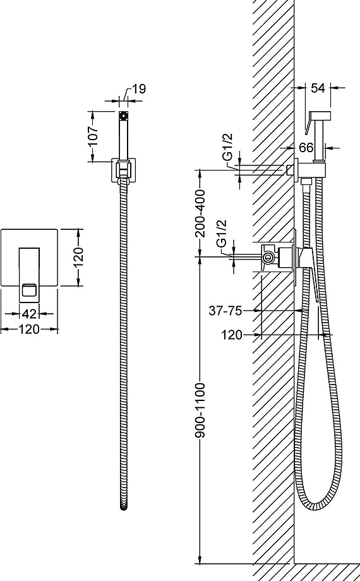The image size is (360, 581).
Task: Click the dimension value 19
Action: click(139, 89)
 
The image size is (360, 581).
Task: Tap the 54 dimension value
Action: click(318, 88)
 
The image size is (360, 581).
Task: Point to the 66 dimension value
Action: click(306, 148)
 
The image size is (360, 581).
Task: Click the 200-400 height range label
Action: click(200, 213)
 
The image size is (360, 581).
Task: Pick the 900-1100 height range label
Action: click(200, 410)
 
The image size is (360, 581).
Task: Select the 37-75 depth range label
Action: click(225, 311)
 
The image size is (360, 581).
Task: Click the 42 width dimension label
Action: click(29, 314)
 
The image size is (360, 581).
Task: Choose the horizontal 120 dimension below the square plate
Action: click(29, 328)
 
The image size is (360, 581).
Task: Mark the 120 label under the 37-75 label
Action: click(232, 335)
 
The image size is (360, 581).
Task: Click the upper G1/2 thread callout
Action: click(229, 147)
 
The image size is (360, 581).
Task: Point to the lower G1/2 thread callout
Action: click(222, 234)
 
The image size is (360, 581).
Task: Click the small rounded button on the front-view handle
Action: click(29, 289)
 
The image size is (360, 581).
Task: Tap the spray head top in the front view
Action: click(124, 115)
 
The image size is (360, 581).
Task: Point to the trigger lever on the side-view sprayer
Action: click(308, 124)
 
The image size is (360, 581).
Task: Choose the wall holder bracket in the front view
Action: click(124, 170)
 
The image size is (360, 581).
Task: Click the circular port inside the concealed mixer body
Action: click(268, 257)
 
